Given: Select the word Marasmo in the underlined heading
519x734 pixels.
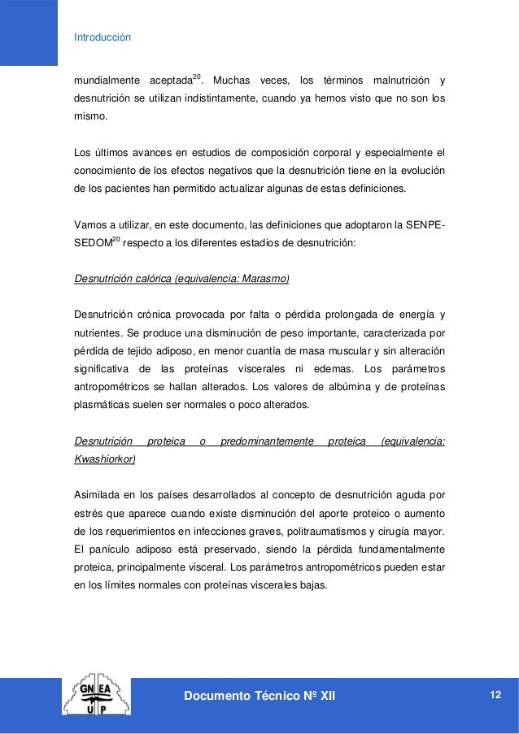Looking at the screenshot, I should click(x=265, y=278).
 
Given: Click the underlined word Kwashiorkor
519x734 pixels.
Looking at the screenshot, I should click(x=104, y=458).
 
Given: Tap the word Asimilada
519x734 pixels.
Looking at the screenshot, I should click(x=98, y=494).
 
